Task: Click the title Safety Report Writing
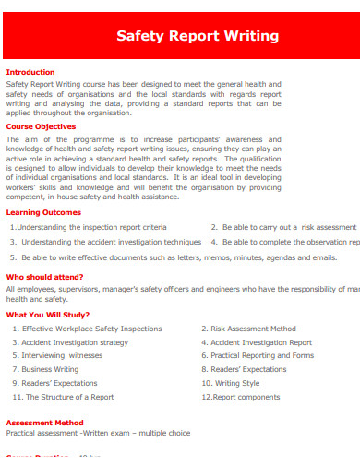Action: pyautogui.click(x=197, y=36)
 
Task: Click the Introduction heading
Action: pyautogui.click(x=30, y=71)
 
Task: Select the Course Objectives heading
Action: pyautogui.click(x=41, y=126)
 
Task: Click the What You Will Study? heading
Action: pyautogui.click(x=48, y=315)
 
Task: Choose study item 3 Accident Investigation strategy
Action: pyautogui.click(x=70, y=341)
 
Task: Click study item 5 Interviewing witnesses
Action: pyautogui.click(x=57, y=355)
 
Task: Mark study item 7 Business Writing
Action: pyautogui.click(x=45, y=369)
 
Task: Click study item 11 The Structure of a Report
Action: pyautogui.click(x=63, y=397)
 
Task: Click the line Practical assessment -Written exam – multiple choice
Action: pyautogui.click(x=98, y=432)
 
